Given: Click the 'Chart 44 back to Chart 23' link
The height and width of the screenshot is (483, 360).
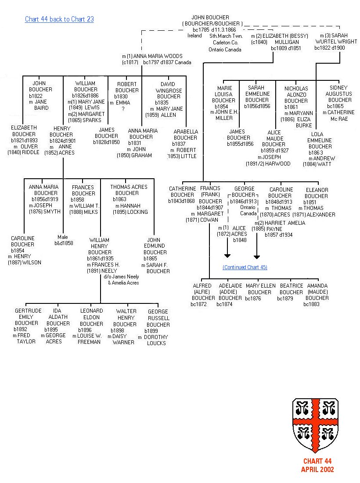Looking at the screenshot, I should pos(59,19).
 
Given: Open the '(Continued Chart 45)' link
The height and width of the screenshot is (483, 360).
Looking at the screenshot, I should pos(245,267).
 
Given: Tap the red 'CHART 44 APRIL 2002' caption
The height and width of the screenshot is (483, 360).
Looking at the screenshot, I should pos(317,465).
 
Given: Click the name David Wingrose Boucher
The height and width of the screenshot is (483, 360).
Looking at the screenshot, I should pos(168,90).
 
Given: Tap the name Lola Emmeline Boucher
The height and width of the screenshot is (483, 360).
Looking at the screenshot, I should pos(320,140).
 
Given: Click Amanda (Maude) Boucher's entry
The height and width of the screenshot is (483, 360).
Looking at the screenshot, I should pos(317,292).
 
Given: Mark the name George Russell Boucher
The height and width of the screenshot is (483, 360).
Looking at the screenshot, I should pos(158,318).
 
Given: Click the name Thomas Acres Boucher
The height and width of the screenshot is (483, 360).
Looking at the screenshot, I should pos(129,190).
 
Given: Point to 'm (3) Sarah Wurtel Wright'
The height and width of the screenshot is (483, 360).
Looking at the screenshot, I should pos(332,39).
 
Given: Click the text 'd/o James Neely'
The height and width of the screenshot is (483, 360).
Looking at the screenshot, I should pos(121,277).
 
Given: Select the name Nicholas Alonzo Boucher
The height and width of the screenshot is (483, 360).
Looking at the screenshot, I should pos(296,94).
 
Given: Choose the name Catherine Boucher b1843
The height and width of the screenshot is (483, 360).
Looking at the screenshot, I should pos(182,192).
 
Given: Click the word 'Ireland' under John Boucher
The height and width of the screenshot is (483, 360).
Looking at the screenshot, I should pos(194,35).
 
